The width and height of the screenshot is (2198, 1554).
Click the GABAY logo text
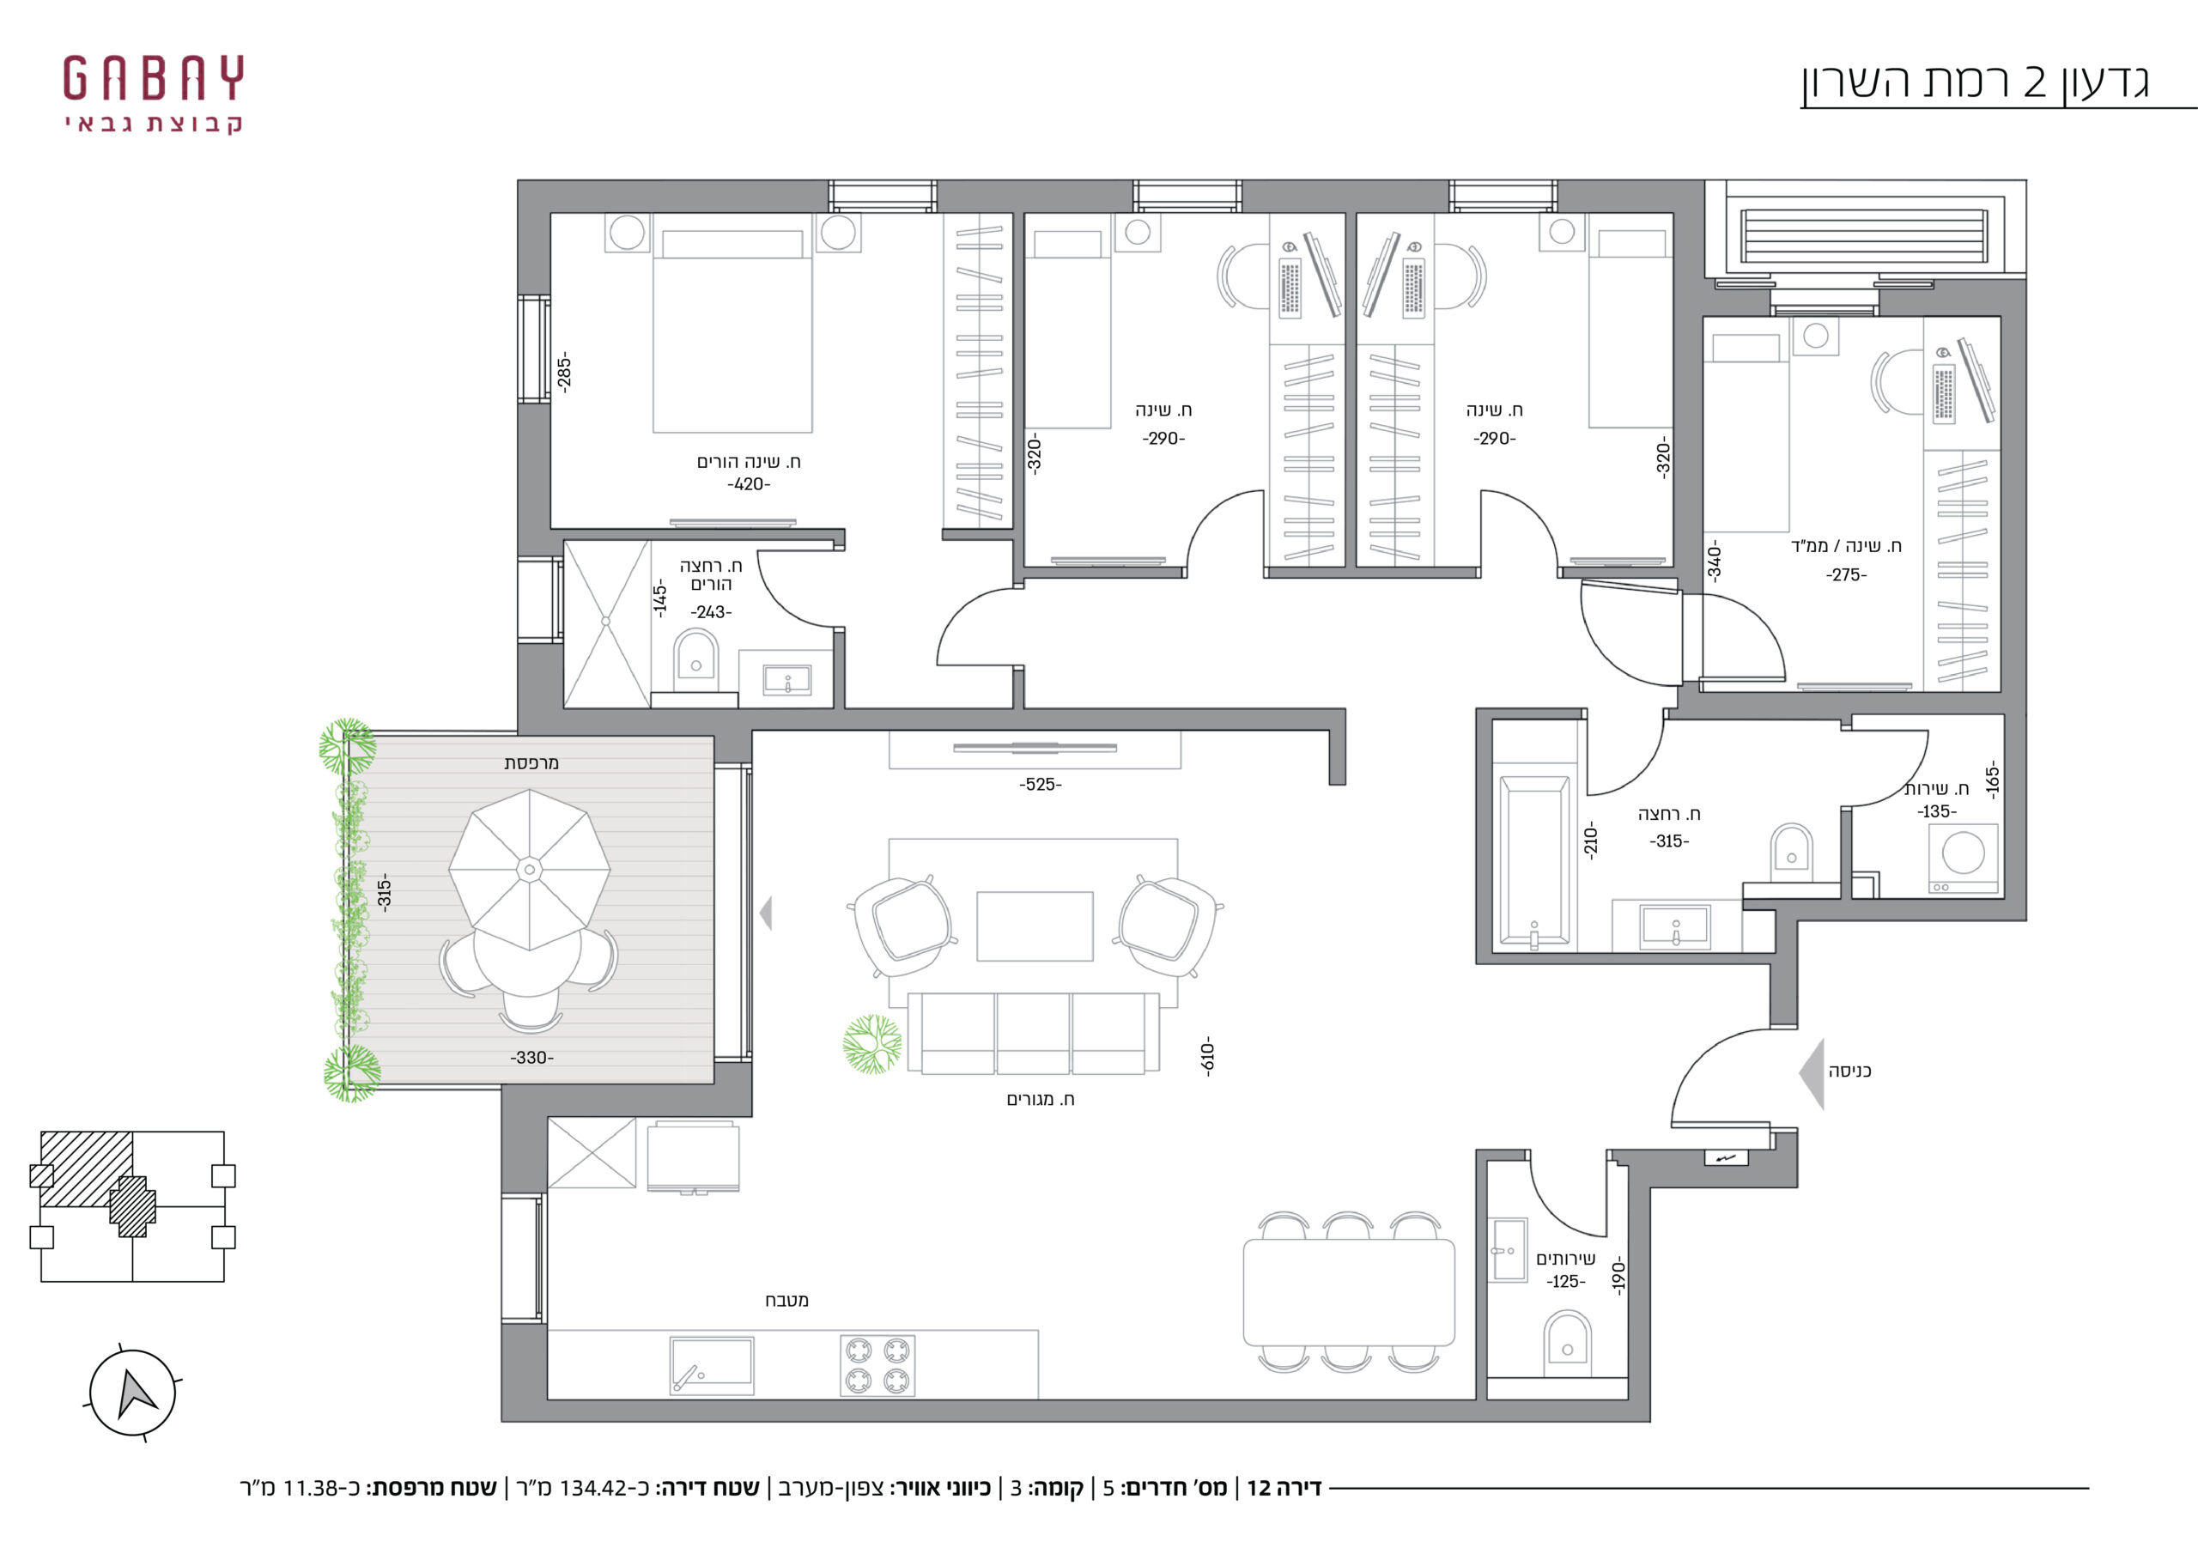153,78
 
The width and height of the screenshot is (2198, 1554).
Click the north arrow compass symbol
133,1393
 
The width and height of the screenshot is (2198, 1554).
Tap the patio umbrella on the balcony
530,870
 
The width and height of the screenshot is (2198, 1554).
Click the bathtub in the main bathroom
1534,862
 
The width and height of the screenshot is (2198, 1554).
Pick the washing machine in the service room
1964,859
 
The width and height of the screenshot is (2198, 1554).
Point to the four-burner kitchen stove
877,1365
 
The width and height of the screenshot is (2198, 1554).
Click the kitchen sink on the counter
711,1365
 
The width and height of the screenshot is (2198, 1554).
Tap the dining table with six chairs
1349,1291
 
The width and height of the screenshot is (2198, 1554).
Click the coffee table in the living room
1035,926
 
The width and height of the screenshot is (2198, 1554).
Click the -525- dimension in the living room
1041,784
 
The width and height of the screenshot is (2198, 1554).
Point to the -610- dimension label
1207,1056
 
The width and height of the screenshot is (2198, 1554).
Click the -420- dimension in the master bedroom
749,484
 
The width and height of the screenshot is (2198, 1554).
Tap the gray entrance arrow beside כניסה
1812,1073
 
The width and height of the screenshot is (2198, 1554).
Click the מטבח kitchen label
787,1300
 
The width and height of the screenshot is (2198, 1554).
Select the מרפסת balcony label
531,763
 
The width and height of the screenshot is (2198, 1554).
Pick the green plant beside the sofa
872,1045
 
